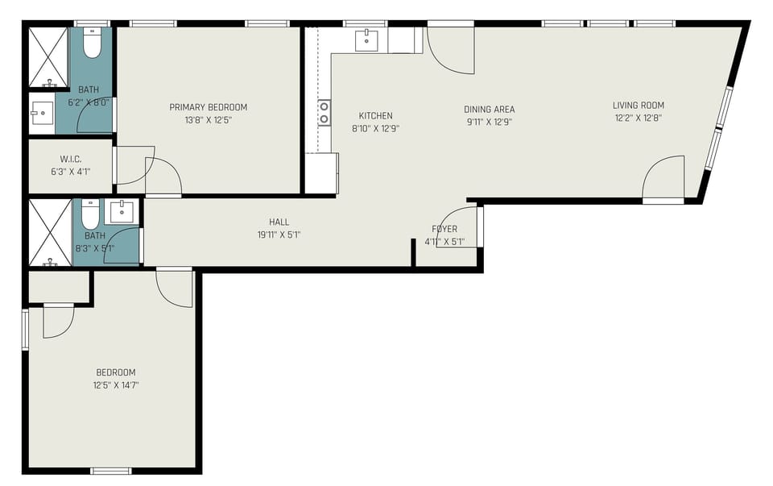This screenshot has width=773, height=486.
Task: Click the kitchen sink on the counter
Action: [367, 39]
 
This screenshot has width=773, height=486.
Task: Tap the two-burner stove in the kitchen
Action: [324, 112]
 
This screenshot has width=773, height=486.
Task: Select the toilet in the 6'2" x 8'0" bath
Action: [92, 44]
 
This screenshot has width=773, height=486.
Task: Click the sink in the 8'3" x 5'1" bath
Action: [121, 212]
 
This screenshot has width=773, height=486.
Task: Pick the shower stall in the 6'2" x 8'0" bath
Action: [49, 56]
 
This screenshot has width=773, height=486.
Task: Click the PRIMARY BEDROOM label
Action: [208, 107]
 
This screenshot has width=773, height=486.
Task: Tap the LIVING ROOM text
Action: [638, 106]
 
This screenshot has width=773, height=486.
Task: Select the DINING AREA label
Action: [489, 110]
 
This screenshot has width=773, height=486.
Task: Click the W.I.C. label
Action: [71, 159]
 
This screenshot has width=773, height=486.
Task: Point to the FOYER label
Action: [444, 229]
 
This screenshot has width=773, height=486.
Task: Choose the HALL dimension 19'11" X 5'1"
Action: [279, 235]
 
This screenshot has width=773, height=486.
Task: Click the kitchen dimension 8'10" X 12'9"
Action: [375, 128]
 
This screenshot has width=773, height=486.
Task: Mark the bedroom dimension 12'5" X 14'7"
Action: [116, 385]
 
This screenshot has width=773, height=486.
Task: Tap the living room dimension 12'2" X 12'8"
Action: [638, 118]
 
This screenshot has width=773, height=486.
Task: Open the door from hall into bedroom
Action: [175, 285]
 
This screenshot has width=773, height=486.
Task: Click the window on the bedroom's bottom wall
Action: [111, 471]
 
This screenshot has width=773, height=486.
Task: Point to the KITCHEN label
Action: [375, 115]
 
